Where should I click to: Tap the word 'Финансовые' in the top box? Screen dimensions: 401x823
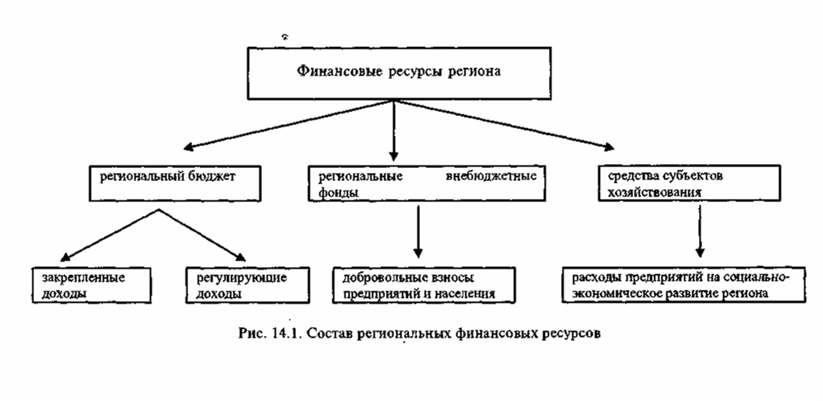click(x=328, y=71)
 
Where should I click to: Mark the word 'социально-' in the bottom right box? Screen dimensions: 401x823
click(x=768, y=277)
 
